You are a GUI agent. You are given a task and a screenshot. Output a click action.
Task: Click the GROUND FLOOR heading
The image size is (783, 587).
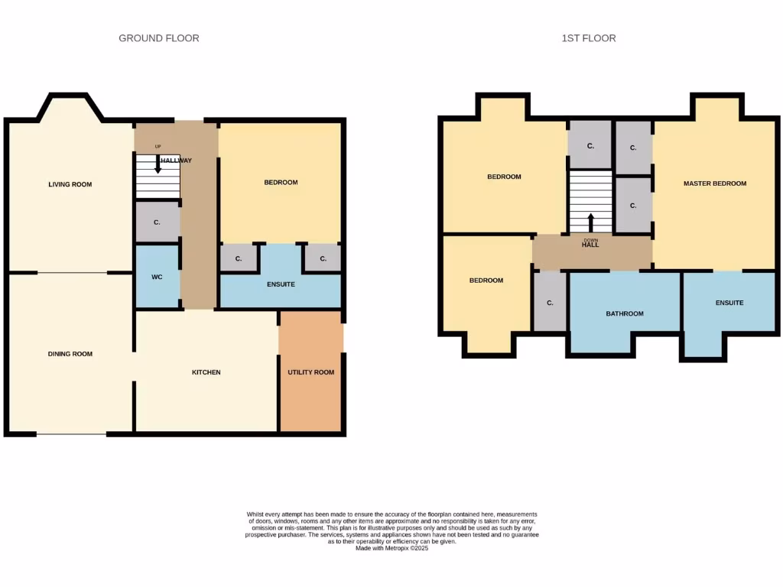tap(158, 38)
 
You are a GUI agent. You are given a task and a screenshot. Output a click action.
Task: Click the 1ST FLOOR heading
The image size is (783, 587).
tap(588, 38)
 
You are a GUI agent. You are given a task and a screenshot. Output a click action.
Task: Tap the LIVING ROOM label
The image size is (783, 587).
tap(70, 184)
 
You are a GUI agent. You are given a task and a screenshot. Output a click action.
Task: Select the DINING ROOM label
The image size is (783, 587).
tap(70, 354)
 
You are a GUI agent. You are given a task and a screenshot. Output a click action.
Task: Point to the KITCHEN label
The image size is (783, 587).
tap(206, 372)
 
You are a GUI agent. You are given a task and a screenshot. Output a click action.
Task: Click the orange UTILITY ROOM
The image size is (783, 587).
tap(310, 372)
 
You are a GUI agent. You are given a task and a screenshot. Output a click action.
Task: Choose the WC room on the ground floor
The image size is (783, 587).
tap(157, 277)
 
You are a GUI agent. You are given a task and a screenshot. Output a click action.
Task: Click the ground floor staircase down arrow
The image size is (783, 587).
tap(158, 164)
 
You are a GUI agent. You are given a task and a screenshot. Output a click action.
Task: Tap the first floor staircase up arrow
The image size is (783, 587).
tap(590, 222)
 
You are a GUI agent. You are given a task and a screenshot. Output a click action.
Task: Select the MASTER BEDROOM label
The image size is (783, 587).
tap(714, 183)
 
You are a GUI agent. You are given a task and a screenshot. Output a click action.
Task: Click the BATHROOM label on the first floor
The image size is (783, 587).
tap(625, 313)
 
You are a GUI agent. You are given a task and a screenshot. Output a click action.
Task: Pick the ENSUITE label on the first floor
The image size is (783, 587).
tap(729, 303)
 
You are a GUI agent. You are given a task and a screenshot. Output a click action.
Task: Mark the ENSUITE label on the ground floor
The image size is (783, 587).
tap(281, 284)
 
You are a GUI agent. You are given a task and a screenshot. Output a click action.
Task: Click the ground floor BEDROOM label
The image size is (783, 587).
tap(281, 182)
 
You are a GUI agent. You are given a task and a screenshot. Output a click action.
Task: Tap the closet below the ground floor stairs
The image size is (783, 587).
tap(157, 222)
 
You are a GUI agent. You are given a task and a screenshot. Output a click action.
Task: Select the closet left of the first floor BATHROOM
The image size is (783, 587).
tap(550, 303)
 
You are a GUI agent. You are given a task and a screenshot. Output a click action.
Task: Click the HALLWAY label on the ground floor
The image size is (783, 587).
tap(176, 161)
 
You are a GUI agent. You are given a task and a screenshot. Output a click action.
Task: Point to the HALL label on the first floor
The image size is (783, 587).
tap(590, 245)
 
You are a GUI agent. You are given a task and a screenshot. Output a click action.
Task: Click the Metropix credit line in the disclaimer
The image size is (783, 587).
tap(391, 548)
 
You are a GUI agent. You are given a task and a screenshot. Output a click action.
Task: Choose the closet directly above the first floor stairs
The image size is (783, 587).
tap(590, 145)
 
